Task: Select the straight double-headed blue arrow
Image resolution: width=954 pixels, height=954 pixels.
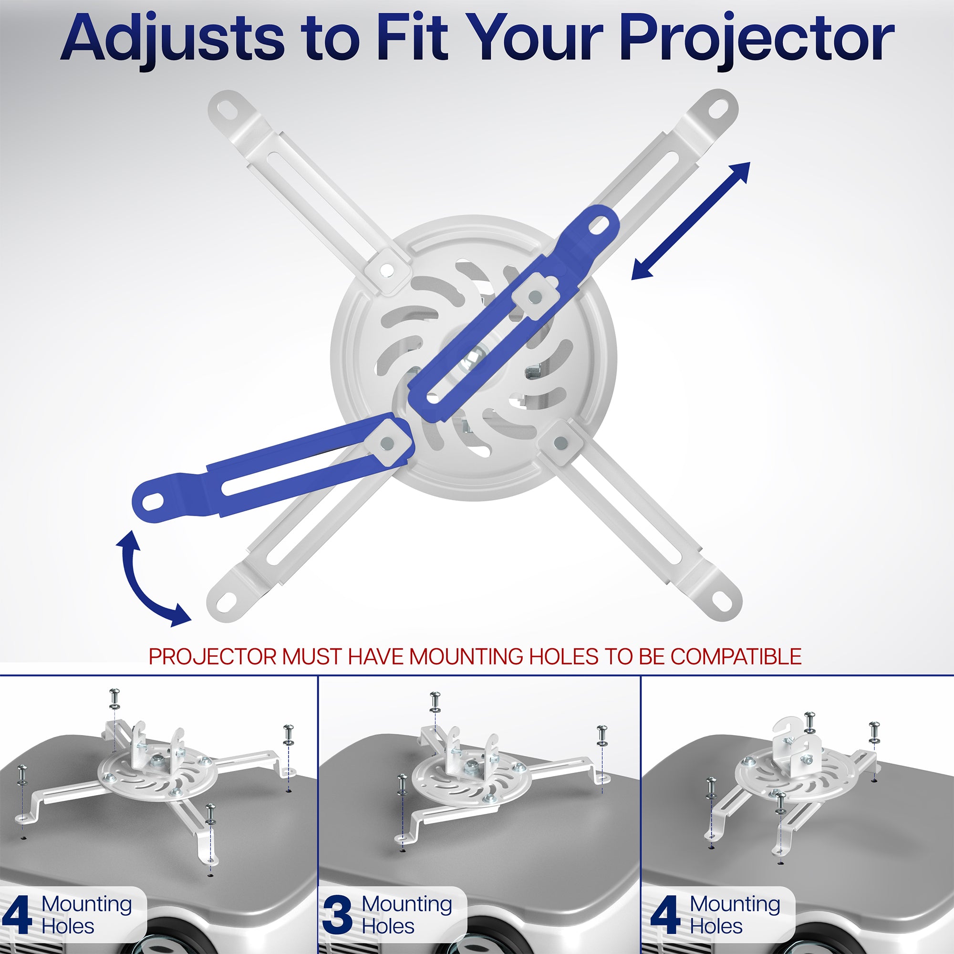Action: pyautogui.click(x=691, y=221)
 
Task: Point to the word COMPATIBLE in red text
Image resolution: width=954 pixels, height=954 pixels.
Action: pyautogui.click(x=736, y=657)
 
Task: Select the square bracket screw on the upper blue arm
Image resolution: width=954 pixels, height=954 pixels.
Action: pyautogui.click(x=534, y=296)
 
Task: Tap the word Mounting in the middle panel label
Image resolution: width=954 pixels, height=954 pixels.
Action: pyautogui.click(x=406, y=903)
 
